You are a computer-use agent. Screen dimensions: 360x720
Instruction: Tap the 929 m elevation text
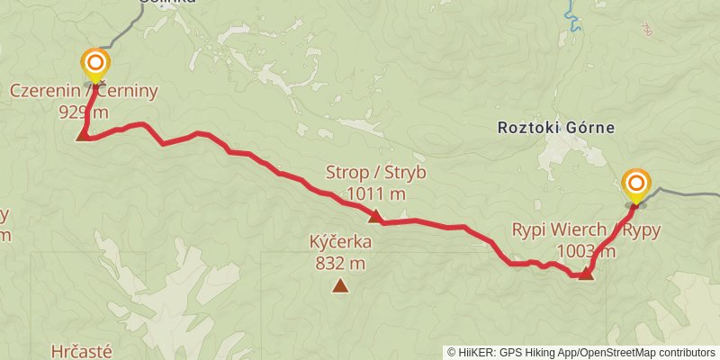[84, 112]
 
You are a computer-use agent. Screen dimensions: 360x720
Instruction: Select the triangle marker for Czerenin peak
[83, 136]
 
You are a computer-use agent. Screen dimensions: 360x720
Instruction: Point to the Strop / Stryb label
[375, 173]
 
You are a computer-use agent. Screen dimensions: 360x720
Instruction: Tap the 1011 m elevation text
[375, 193]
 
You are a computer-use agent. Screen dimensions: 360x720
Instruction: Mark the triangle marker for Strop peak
[374, 216]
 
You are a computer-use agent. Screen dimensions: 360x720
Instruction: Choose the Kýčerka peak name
[340, 243]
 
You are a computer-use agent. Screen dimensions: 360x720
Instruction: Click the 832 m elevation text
[340, 264]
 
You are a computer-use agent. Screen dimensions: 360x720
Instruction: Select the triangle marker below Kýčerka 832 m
[340, 286]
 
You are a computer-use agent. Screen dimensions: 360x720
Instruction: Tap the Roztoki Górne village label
[556, 128]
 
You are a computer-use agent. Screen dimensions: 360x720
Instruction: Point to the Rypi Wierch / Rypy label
[586, 230]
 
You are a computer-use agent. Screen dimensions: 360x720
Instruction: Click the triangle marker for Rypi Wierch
[586, 273]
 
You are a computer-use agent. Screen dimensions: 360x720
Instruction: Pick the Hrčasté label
[82, 328]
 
